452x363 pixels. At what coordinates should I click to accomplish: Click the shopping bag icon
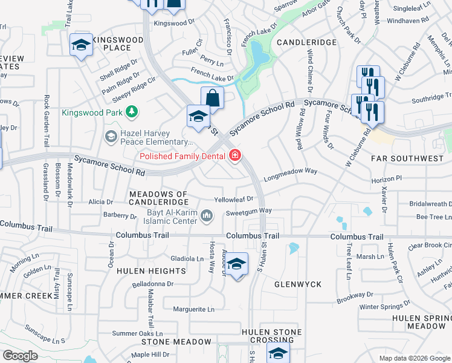(x=212, y=97)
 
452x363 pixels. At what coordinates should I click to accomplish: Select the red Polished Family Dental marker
(x=234, y=156)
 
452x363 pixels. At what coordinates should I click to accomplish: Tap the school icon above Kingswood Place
(x=81, y=46)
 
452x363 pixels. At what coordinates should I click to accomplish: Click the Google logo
(x=20, y=356)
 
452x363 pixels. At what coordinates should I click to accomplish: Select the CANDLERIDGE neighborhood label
(x=306, y=43)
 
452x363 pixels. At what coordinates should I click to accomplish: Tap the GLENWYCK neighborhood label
(x=297, y=284)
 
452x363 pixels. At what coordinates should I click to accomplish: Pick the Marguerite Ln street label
(x=193, y=309)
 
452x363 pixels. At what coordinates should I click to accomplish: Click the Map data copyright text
(x=415, y=358)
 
